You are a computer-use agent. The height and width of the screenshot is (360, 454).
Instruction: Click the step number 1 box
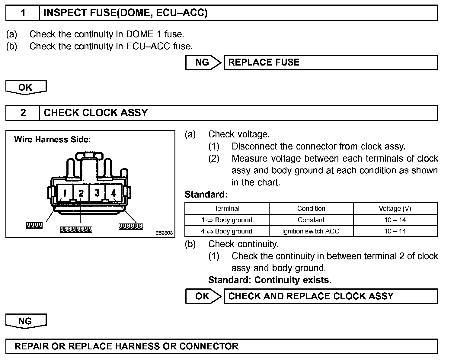pyautogui.click(x=23, y=13)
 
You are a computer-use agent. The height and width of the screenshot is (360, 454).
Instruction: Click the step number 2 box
pyautogui.click(x=23, y=113)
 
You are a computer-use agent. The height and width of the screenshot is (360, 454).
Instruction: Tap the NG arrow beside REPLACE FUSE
pyautogui.click(x=203, y=63)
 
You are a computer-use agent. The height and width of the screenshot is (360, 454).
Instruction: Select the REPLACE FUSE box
pyautogui.click(x=331, y=63)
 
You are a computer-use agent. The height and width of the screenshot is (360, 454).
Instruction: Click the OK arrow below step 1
pyautogui.click(x=26, y=87)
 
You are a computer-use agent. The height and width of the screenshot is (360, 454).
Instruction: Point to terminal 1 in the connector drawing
pyautogui.click(x=65, y=193)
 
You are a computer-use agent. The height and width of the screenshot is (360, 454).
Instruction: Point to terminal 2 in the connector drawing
pyautogui.click(x=81, y=193)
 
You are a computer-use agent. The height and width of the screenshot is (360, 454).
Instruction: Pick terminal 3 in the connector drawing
pyautogui.click(x=97, y=193)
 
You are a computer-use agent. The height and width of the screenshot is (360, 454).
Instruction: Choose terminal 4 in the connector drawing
pyautogui.click(x=113, y=193)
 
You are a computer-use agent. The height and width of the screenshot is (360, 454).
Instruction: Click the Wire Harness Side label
pyautogui.click(x=53, y=140)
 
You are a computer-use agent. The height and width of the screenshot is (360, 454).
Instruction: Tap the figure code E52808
pyautogui.click(x=164, y=233)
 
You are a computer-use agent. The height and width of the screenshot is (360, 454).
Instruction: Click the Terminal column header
pyautogui.click(x=227, y=209)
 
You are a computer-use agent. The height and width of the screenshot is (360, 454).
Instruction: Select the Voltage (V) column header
pyautogui.click(x=395, y=209)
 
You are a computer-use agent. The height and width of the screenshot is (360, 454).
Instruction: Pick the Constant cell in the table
pyautogui.click(x=311, y=220)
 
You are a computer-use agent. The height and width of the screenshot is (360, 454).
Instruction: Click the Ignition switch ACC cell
pyautogui.click(x=311, y=231)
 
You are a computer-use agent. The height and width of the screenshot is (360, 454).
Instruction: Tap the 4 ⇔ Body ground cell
pyautogui.click(x=227, y=231)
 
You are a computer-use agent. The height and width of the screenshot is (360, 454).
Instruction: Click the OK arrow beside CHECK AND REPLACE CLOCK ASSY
pyautogui.click(x=203, y=296)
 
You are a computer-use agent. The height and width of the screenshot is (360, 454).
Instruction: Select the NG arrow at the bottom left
pyautogui.click(x=26, y=321)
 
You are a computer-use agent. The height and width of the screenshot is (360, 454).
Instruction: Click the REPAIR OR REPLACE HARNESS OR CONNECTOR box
pyautogui.click(x=221, y=346)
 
